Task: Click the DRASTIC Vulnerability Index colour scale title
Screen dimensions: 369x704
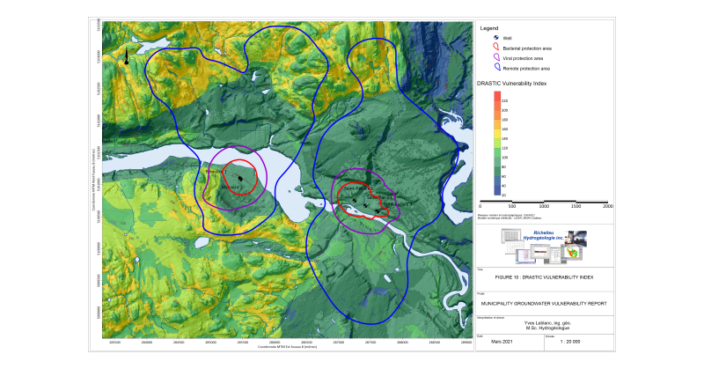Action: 524,82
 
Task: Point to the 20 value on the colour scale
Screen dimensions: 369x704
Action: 503,194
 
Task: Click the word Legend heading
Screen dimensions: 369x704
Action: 489,27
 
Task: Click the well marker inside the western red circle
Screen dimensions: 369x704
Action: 239,178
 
